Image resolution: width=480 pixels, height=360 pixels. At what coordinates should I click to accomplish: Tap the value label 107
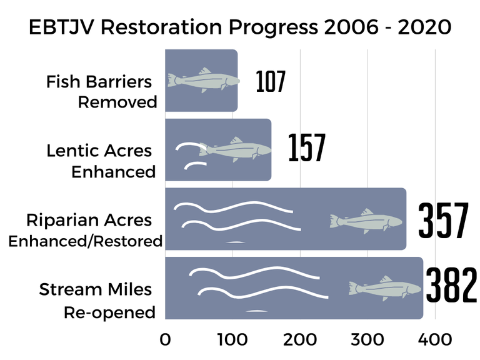(x=270, y=82)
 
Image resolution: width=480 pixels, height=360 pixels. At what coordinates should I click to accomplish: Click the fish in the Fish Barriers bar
(x=203, y=81)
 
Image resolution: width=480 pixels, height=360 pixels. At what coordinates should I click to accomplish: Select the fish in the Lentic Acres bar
(x=236, y=149)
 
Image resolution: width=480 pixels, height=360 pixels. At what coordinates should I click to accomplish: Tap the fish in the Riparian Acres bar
(x=366, y=221)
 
